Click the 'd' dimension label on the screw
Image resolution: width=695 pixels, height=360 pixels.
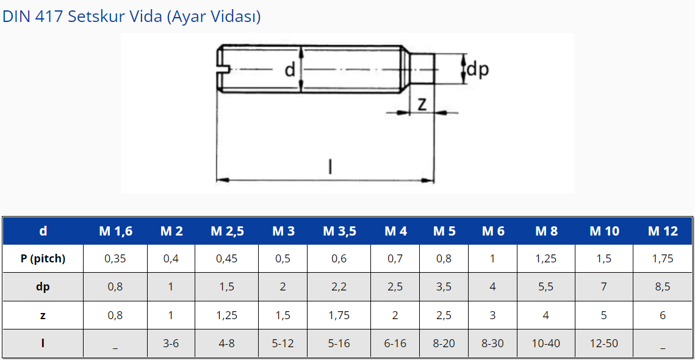point(290,70)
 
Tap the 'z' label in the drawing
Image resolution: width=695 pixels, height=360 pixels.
point(422,103)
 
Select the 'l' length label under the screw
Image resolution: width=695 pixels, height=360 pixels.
point(329,166)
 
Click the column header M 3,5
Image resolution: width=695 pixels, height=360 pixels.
point(339,231)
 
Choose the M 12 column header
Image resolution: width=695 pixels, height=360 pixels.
point(663,231)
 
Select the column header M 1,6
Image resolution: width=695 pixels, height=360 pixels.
point(115,231)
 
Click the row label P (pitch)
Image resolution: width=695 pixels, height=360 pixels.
point(43,259)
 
